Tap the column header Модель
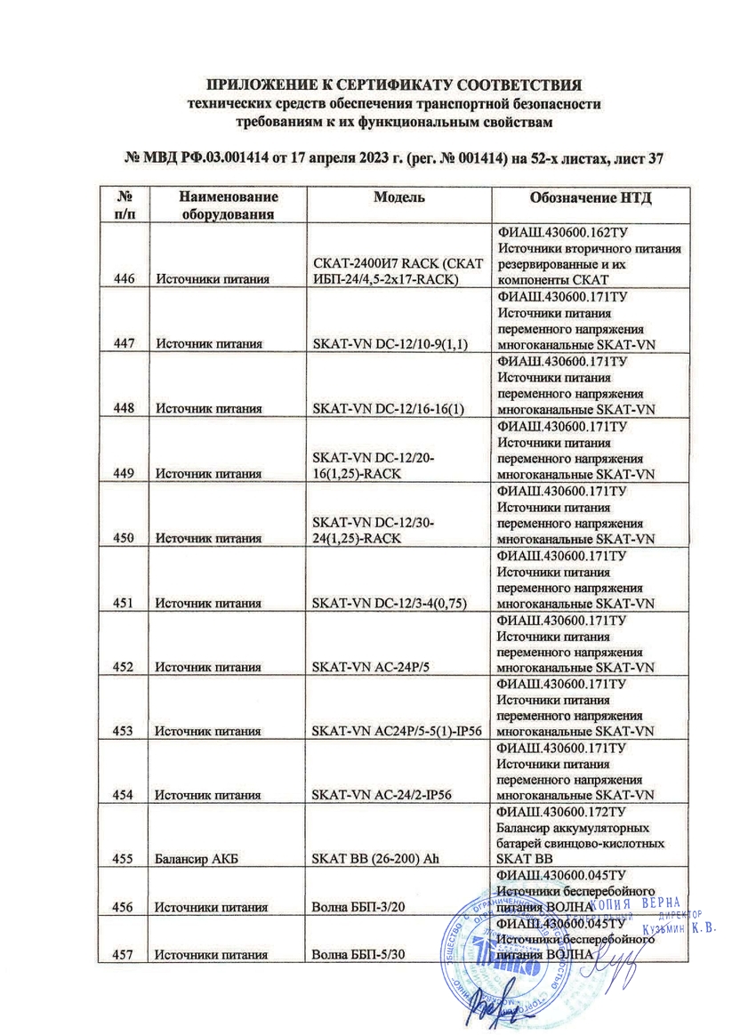tap(398, 198)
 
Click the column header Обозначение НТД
tap(591, 198)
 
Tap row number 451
tap(125, 604)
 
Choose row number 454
tap(125, 794)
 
